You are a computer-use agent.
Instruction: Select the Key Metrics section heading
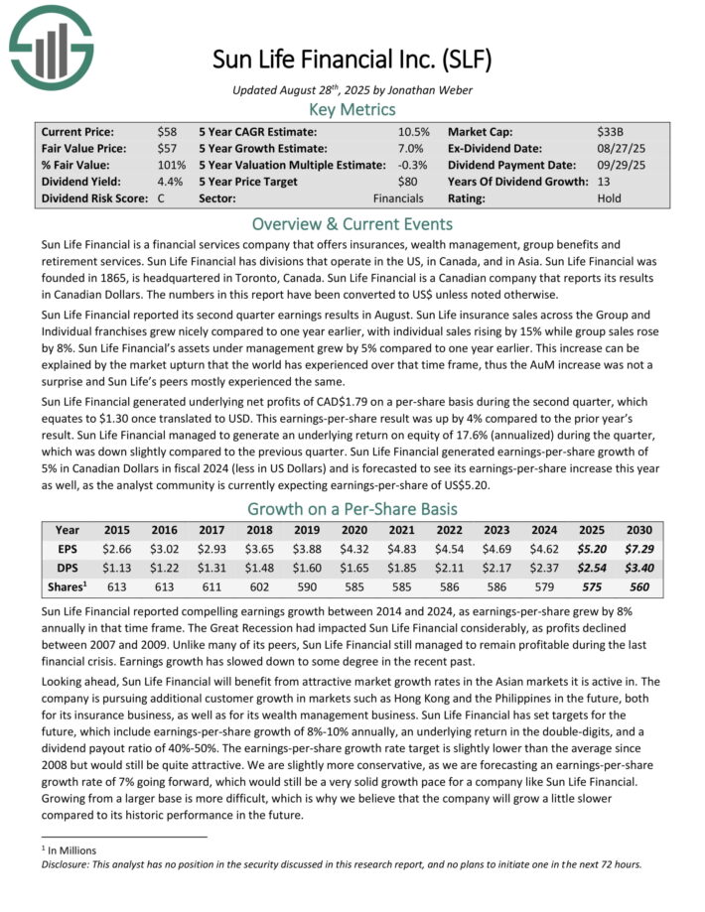pos(352,109)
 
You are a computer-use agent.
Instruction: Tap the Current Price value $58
pos(167,131)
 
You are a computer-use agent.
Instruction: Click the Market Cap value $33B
pos(608,131)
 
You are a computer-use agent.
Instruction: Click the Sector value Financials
pos(398,198)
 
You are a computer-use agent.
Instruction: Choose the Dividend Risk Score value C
pos(162,198)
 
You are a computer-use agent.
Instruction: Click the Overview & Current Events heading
pos(352,223)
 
